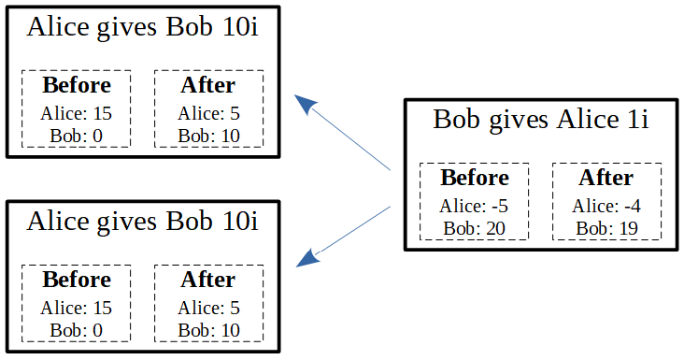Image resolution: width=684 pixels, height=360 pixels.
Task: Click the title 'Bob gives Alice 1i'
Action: coord(541,120)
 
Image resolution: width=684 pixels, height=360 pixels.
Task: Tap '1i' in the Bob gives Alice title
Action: coord(637,120)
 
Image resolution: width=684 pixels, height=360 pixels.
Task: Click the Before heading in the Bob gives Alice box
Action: coord(475,178)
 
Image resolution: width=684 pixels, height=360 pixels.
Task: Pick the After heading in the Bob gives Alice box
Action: coord(606,178)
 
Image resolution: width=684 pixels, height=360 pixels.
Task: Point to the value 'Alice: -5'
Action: coord(475,207)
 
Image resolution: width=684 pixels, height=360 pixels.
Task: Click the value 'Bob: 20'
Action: coord(475,227)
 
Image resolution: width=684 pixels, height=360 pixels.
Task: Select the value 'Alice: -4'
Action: coord(606,207)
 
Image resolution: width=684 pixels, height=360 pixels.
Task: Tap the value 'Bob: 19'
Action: coord(606,227)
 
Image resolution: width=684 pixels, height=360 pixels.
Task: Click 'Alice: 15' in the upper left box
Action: coord(77,114)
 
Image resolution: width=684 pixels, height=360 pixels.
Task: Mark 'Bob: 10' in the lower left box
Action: coord(209,329)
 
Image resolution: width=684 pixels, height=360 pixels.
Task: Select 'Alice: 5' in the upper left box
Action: coord(209,114)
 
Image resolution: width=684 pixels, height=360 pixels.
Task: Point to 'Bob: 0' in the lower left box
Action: coord(77,329)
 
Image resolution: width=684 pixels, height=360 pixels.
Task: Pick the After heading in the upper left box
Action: coord(208,85)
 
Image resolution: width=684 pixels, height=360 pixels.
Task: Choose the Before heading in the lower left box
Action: coord(77,280)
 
